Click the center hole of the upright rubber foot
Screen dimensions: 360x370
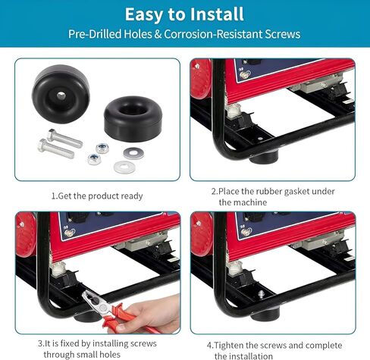pos(61,96)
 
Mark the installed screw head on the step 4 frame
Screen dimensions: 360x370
pos(262,293)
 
